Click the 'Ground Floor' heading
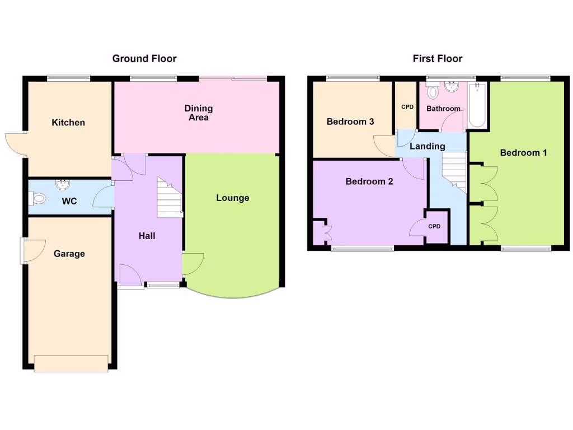click(144, 58)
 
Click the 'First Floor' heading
click(438, 58)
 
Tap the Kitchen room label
click(68, 123)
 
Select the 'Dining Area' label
click(199, 113)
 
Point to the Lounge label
click(233, 198)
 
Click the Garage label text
click(69, 254)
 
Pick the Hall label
click(147, 236)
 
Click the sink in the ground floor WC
click(62, 184)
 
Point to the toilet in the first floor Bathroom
click(432, 91)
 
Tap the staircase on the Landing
click(454, 171)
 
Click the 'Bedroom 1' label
click(523, 152)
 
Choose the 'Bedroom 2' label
click(369, 181)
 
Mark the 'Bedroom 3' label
click(350, 121)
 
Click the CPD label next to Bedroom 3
click(406, 106)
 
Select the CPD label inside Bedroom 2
click(434, 227)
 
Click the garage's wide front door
click(71, 363)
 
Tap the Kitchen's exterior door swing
click(16, 142)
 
